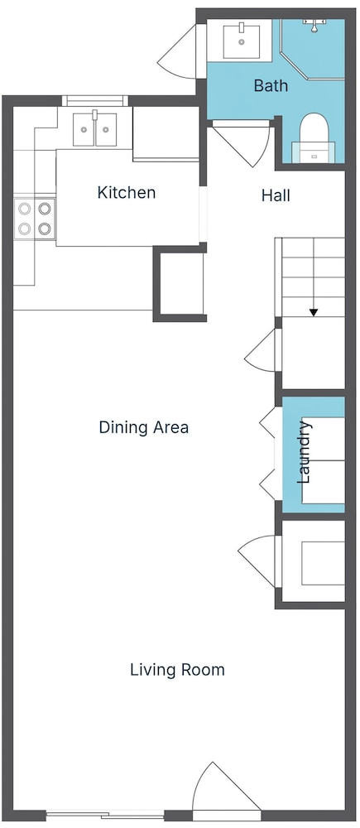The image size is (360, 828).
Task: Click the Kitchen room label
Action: coord(126,193)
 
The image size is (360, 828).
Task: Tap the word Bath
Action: coord(271,85)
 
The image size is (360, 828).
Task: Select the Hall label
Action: coord(276,196)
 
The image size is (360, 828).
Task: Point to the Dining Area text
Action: coord(143,427)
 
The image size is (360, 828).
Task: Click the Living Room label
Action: coord(177,670)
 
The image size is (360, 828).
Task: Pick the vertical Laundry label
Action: coord(304,452)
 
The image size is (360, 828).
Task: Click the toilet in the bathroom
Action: coord(314,137)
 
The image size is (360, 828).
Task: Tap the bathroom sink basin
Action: coord(241,41)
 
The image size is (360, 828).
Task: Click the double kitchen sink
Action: coord(95,130)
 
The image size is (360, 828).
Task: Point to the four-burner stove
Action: coord(34,219)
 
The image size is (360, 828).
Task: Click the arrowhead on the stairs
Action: coord(314,313)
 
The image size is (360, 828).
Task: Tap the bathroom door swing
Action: coord(242,143)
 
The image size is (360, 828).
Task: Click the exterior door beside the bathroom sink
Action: coord(185,51)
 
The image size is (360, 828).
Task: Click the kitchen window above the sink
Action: coord(95,100)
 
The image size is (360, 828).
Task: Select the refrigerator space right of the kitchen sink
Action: coord(166,133)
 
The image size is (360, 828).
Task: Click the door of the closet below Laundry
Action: coord(257,561)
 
